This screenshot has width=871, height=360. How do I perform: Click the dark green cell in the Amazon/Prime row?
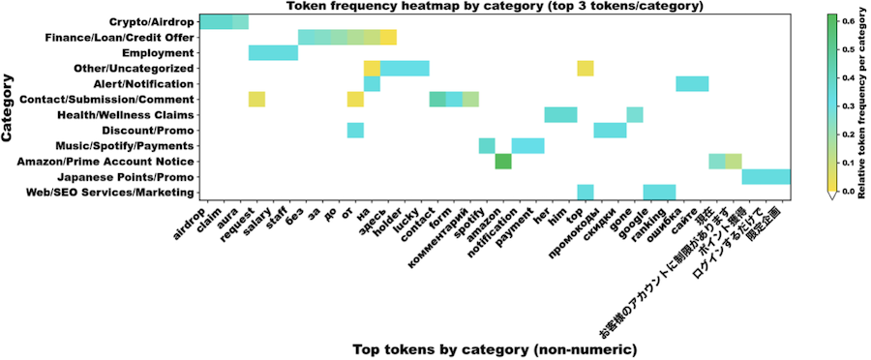coord(503,162)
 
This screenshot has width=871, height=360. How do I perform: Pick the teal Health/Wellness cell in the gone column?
coord(635,114)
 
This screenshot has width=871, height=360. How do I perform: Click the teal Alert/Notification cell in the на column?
coord(372,83)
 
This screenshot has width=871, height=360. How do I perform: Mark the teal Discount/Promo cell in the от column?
coord(355,130)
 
